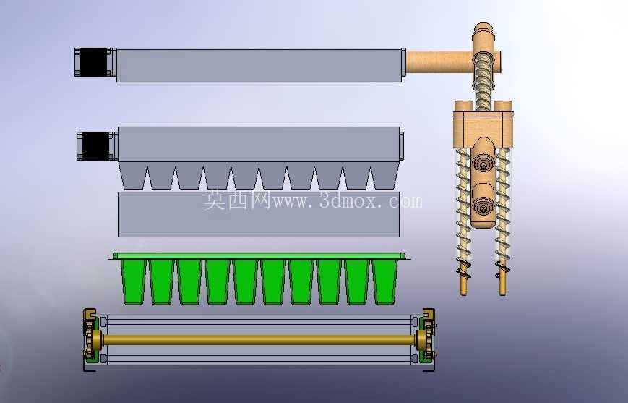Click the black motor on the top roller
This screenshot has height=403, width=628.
(95, 62)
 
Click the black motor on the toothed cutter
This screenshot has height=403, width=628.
(97, 146)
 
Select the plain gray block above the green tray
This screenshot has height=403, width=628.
(259, 214)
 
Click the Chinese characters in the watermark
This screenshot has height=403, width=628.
(238, 200)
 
